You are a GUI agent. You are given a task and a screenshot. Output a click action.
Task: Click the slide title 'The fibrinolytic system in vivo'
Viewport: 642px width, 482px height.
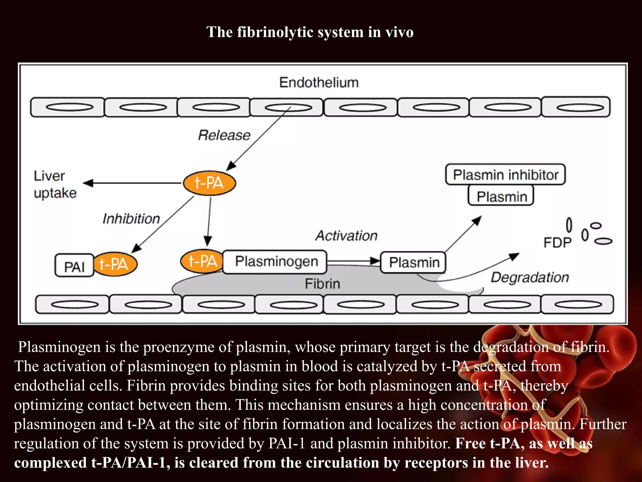pos(310,32)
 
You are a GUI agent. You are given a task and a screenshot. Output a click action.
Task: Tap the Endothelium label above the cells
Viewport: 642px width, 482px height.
pos(319,83)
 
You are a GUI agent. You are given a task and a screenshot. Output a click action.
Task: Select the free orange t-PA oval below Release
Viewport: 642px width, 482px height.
pos(209,183)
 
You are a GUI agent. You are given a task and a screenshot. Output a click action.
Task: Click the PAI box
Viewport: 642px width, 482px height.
pos(74,266)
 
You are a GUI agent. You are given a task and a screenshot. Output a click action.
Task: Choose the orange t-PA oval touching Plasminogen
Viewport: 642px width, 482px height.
pos(202,261)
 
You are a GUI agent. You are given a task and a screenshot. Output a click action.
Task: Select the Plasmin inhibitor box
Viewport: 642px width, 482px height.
pos(505,174)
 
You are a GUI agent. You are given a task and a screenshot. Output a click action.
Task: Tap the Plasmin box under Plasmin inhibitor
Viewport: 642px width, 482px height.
pos(501,196)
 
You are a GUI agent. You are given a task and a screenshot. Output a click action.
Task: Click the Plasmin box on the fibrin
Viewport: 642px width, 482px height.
pos(413,262)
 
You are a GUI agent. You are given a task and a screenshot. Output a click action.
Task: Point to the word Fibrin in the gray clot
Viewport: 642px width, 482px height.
pos(322,284)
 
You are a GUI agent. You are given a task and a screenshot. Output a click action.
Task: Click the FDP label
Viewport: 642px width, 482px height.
pos(557,243)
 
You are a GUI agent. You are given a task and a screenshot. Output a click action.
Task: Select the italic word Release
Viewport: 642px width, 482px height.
pos(224,135)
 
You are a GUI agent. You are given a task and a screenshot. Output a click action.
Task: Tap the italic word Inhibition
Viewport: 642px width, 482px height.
pos(131,219)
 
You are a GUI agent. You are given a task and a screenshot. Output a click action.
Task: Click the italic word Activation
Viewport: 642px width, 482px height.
pos(346,236)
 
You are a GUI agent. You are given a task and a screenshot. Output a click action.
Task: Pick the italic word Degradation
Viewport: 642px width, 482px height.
pos(529,277)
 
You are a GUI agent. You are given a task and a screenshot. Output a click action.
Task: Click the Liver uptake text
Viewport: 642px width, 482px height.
pos(55,185)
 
